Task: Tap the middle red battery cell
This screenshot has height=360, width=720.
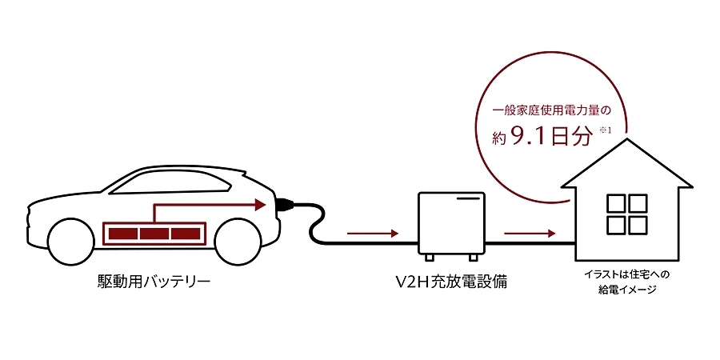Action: [x=154, y=234]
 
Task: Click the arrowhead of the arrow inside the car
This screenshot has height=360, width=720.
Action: [x=260, y=205]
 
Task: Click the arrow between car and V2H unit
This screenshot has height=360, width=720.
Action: [x=372, y=234]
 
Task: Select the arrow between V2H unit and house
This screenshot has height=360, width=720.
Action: [x=530, y=234]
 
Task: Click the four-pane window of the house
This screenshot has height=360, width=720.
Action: [x=626, y=214]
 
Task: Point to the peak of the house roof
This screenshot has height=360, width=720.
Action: [x=627, y=139]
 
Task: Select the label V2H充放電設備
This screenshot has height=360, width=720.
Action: [x=451, y=281]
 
